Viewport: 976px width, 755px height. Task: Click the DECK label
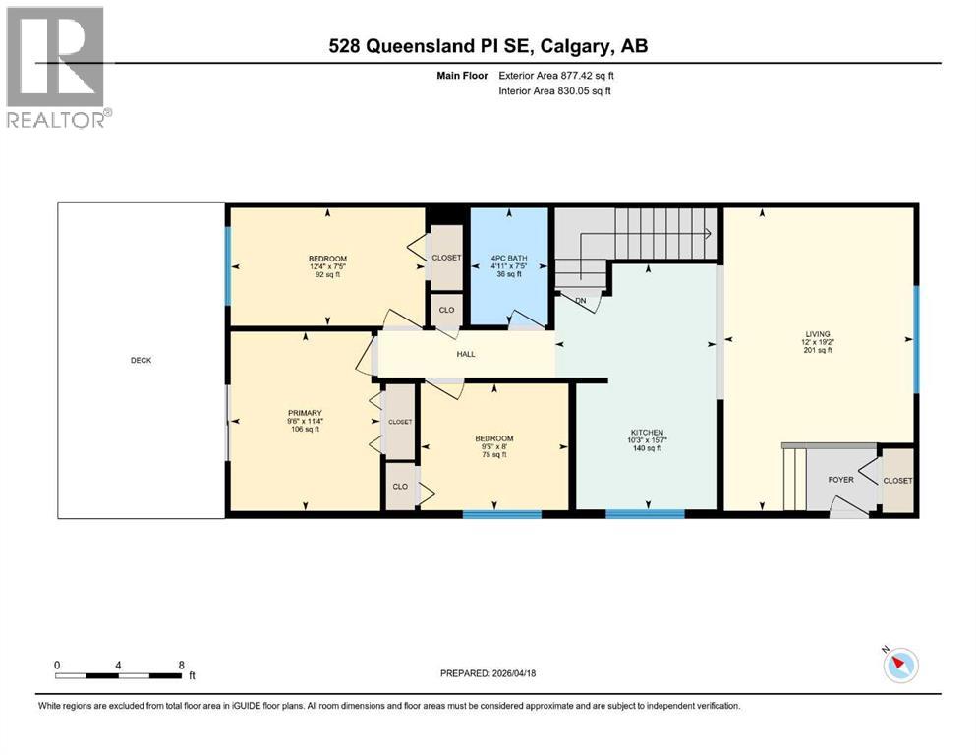click(142, 360)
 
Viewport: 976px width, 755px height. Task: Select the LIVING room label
click(818, 333)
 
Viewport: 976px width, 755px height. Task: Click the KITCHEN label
click(647, 433)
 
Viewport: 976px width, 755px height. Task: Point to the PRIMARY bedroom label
click(305, 413)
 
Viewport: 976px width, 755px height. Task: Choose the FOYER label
click(840, 480)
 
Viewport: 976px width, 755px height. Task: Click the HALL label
click(465, 354)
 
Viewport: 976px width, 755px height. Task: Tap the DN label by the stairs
click(580, 301)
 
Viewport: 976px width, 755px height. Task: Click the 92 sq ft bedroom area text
click(326, 275)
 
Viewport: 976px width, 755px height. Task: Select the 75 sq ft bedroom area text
click(493, 454)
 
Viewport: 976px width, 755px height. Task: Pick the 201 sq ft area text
click(818, 350)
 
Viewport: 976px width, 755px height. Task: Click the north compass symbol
click(899, 666)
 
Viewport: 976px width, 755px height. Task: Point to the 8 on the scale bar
click(180, 665)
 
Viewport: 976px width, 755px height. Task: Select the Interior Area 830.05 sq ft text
click(559, 91)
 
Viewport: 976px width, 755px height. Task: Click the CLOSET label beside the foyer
click(897, 481)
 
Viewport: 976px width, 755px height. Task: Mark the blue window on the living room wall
click(916, 337)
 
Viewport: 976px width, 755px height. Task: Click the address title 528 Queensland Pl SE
click(488, 46)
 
